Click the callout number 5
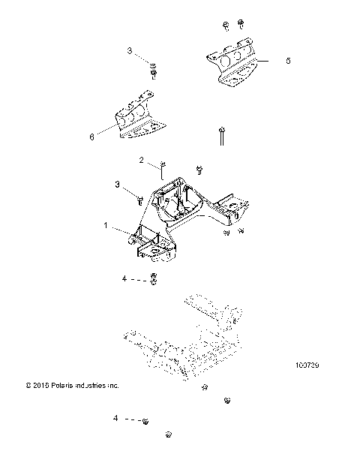[x=288, y=61]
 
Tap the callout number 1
[x=106, y=224]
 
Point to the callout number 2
[x=141, y=161]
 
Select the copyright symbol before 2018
[x=28, y=386]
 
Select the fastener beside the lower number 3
[x=141, y=199]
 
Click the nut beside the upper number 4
[x=153, y=280]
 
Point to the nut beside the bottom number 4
[x=145, y=421]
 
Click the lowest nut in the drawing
[x=169, y=434]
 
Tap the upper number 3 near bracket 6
[x=129, y=51]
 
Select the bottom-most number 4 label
[x=115, y=417]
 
